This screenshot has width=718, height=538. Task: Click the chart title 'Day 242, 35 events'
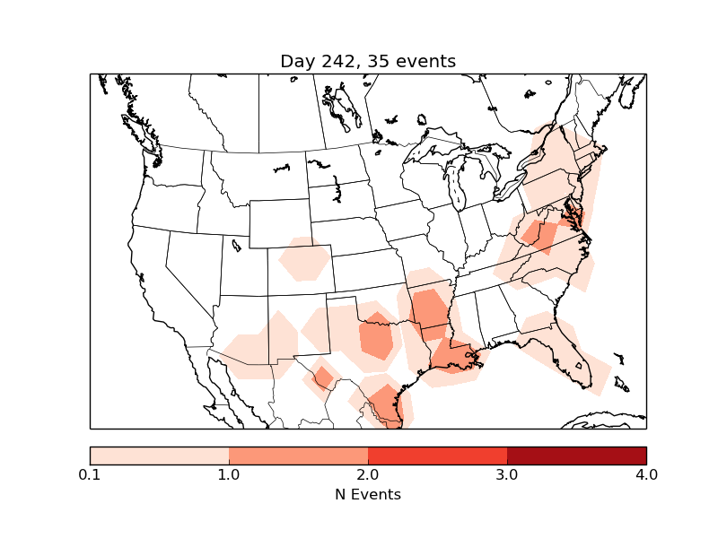368,61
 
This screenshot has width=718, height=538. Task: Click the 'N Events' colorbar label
368,494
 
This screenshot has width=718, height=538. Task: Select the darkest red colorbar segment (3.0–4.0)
576,456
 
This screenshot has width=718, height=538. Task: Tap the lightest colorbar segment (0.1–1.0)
160,456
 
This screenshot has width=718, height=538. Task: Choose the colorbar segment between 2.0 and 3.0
437,456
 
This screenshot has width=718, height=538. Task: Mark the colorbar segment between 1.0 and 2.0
298,456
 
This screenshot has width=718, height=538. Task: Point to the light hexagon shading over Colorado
303,260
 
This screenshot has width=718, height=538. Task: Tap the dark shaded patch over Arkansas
430,309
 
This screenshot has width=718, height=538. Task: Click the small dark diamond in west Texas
321,377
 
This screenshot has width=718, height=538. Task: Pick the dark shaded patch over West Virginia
542,237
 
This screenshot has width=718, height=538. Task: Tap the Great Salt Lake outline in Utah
236,244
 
